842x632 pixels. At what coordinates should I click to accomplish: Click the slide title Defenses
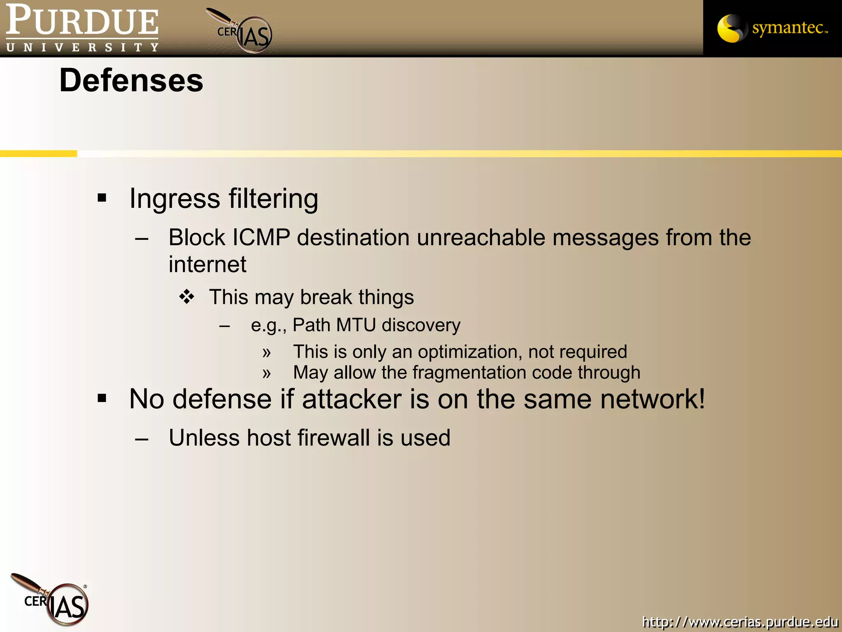click(x=131, y=80)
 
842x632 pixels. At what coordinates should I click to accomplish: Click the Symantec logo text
click(x=789, y=28)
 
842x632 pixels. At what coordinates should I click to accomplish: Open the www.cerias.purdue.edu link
click(x=740, y=621)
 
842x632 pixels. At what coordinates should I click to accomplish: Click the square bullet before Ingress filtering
click(x=102, y=198)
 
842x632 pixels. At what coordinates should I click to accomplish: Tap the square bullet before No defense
click(x=102, y=398)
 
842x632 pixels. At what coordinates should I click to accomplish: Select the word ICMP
click(x=261, y=237)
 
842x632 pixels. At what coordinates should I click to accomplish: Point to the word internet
click(x=207, y=264)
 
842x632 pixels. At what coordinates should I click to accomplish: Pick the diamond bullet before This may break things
click(x=187, y=297)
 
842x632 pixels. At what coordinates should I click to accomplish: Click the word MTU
click(x=356, y=325)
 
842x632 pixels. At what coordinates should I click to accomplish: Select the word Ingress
click(x=175, y=199)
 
